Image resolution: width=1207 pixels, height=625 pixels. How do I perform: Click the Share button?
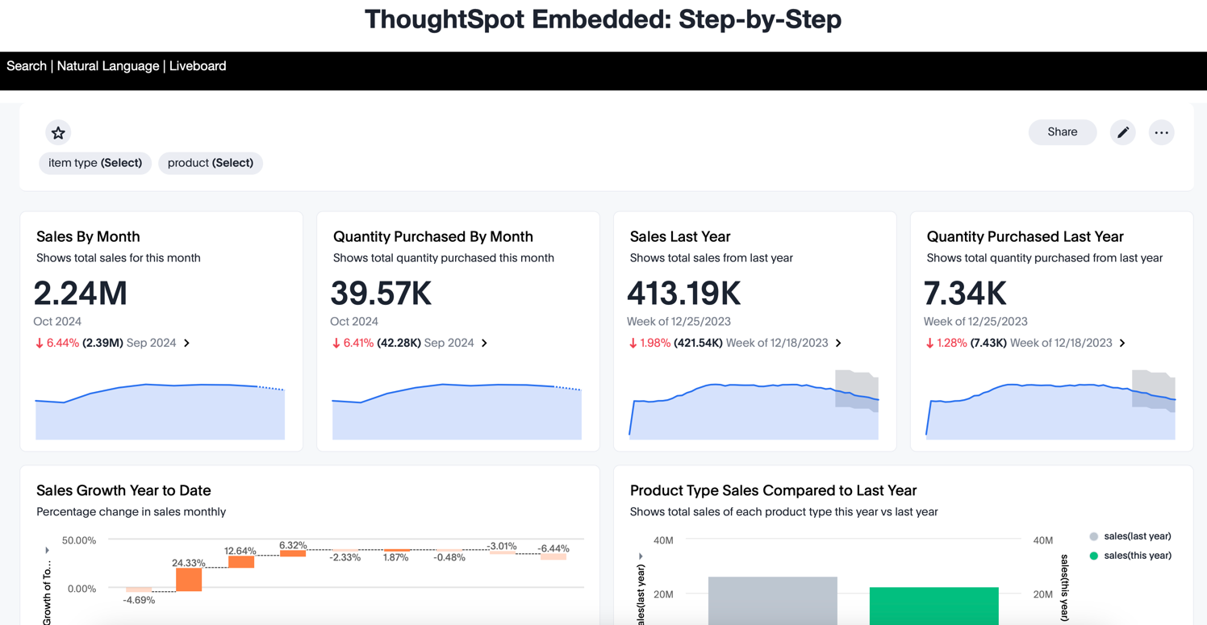(1062, 132)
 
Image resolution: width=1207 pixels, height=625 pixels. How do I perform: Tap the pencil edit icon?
(1122, 132)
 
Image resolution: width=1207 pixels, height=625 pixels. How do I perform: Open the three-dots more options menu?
(1161, 132)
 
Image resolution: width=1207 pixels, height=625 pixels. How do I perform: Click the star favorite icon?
(58, 132)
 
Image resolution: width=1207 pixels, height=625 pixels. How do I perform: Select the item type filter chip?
(95, 163)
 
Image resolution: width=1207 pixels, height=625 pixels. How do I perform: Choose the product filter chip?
(210, 163)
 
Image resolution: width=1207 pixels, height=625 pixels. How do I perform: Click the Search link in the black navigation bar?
(27, 66)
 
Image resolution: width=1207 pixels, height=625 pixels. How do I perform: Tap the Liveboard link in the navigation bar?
(198, 66)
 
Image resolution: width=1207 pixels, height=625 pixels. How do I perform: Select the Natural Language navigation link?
(108, 66)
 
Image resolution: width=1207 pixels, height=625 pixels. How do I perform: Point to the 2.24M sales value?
(81, 294)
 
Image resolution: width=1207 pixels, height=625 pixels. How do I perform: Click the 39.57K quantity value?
(381, 294)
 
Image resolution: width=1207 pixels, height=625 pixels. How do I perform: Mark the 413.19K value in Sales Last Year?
(683, 294)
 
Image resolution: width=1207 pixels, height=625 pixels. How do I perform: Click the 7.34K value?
(965, 294)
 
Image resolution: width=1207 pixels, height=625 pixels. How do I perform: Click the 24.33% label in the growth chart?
(188, 563)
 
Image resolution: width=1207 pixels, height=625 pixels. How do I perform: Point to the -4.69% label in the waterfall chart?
(139, 600)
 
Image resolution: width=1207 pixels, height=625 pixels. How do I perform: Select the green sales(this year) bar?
(933, 605)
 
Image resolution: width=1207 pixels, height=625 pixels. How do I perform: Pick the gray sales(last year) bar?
(772, 600)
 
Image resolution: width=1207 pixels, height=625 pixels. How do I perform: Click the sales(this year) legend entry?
(1137, 556)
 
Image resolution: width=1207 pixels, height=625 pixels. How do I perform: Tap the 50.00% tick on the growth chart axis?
(79, 540)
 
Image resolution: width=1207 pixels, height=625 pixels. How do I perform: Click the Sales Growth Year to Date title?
(123, 490)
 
